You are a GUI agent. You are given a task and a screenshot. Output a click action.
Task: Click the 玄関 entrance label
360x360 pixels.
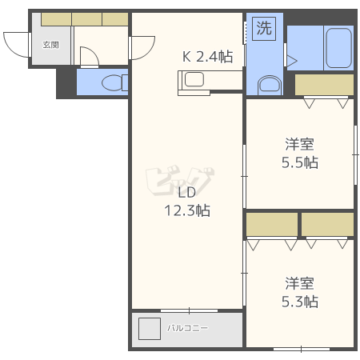tap(50, 45)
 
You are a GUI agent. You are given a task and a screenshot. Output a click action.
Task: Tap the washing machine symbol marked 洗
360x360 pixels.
tap(264, 29)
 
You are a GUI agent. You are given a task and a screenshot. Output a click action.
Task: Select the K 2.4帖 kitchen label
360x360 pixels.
tap(207, 57)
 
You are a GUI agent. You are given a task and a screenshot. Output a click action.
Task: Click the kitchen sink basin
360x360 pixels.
tap(194, 79)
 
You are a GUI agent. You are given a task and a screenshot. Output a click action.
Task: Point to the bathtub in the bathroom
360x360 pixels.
tap(338, 48)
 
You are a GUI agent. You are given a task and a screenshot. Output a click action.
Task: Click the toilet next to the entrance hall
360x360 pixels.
tap(114, 82)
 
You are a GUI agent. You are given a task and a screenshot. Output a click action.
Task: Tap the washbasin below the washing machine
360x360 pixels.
tap(270, 86)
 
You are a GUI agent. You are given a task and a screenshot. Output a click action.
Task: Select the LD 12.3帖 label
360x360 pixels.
tap(187, 202)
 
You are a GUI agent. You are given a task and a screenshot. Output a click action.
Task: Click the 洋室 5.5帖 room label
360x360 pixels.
tap(300, 153)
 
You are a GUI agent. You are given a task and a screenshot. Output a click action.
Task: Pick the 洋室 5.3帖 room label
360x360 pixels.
tap(300, 293)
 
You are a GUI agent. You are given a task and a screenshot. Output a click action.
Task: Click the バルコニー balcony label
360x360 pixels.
tap(187, 328)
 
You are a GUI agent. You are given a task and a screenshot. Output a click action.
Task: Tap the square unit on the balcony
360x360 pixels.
tap(150, 329)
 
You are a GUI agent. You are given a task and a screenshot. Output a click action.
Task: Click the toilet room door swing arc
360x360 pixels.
tap(94, 51)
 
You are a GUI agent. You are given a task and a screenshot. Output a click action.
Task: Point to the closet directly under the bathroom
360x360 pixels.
tap(324, 85)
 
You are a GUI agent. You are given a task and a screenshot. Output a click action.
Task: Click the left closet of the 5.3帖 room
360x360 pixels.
tap(272, 224)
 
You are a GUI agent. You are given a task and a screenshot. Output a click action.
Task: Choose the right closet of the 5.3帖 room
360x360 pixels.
tap(327, 224)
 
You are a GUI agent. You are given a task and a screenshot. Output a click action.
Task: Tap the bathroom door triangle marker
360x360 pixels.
tap(291, 61)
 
